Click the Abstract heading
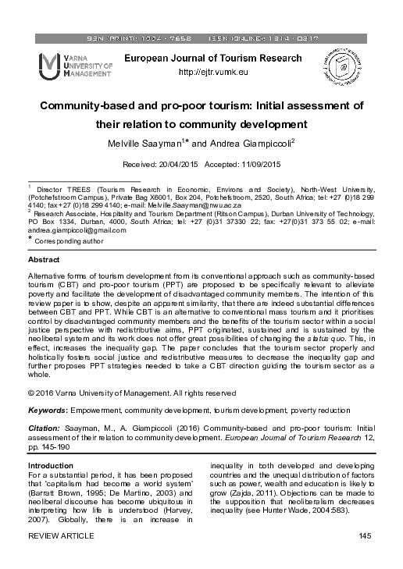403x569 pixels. [43, 258]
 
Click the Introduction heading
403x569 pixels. [51, 466]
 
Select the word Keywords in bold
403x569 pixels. [47, 409]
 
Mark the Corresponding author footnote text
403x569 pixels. [69, 242]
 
